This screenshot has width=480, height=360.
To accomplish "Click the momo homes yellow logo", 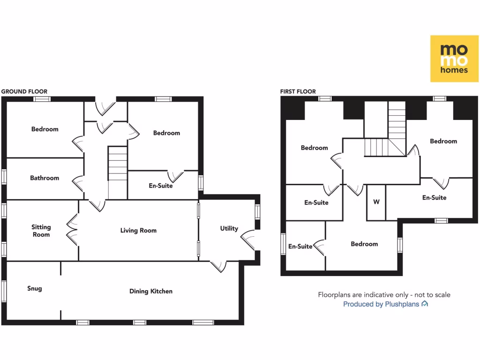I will tap(454, 58).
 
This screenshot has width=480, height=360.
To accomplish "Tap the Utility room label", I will tap(229, 228).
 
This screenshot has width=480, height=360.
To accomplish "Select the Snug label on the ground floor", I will tap(34, 288).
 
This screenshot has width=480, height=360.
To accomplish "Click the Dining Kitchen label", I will tap(151, 291).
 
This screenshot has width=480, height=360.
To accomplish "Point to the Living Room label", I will tap(138, 230).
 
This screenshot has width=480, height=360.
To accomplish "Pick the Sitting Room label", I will tap(41, 231).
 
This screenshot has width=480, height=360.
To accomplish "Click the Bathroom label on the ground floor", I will tap(45, 178).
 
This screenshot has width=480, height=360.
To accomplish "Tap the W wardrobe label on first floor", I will tap(376, 202).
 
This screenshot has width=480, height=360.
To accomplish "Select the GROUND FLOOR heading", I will tap(24, 91).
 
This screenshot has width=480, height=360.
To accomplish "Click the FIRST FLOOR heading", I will tap(298, 91).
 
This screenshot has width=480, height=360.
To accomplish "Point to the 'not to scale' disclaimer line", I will tap(384, 295).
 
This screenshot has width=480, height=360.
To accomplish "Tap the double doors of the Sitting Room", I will tap(73, 230).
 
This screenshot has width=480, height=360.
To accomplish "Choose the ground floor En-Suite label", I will tap(161, 186).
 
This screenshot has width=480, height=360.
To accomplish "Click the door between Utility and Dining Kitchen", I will tap(218, 266).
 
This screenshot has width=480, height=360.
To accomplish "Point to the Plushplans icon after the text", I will tap(425, 304).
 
